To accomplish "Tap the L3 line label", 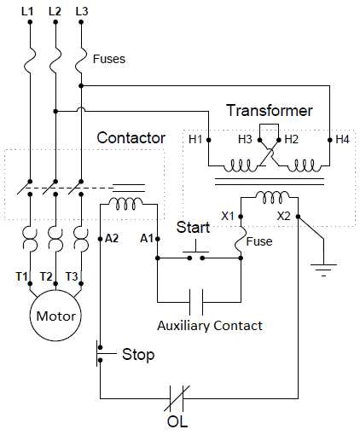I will (x=82, y=10).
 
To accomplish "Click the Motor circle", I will (x=55, y=316).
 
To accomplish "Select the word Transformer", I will (x=269, y=111).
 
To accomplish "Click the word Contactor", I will (x=131, y=137).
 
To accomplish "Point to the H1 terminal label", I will (x=195, y=138).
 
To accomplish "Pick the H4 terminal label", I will (x=342, y=138).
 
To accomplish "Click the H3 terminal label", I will (x=246, y=138).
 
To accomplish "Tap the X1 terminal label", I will (x=228, y=216).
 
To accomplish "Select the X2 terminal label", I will (x=284, y=216).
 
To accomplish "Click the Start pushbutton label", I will (x=193, y=228).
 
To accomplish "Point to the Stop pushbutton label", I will (x=138, y=354).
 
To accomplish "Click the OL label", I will (x=177, y=421).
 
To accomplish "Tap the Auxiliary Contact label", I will (x=210, y=326).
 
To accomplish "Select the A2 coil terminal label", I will (x=112, y=238).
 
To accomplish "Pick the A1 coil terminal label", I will (x=147, y=238).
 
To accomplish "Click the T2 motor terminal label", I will (x=48, y=276).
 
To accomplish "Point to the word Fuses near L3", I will (x=108, y=59).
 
